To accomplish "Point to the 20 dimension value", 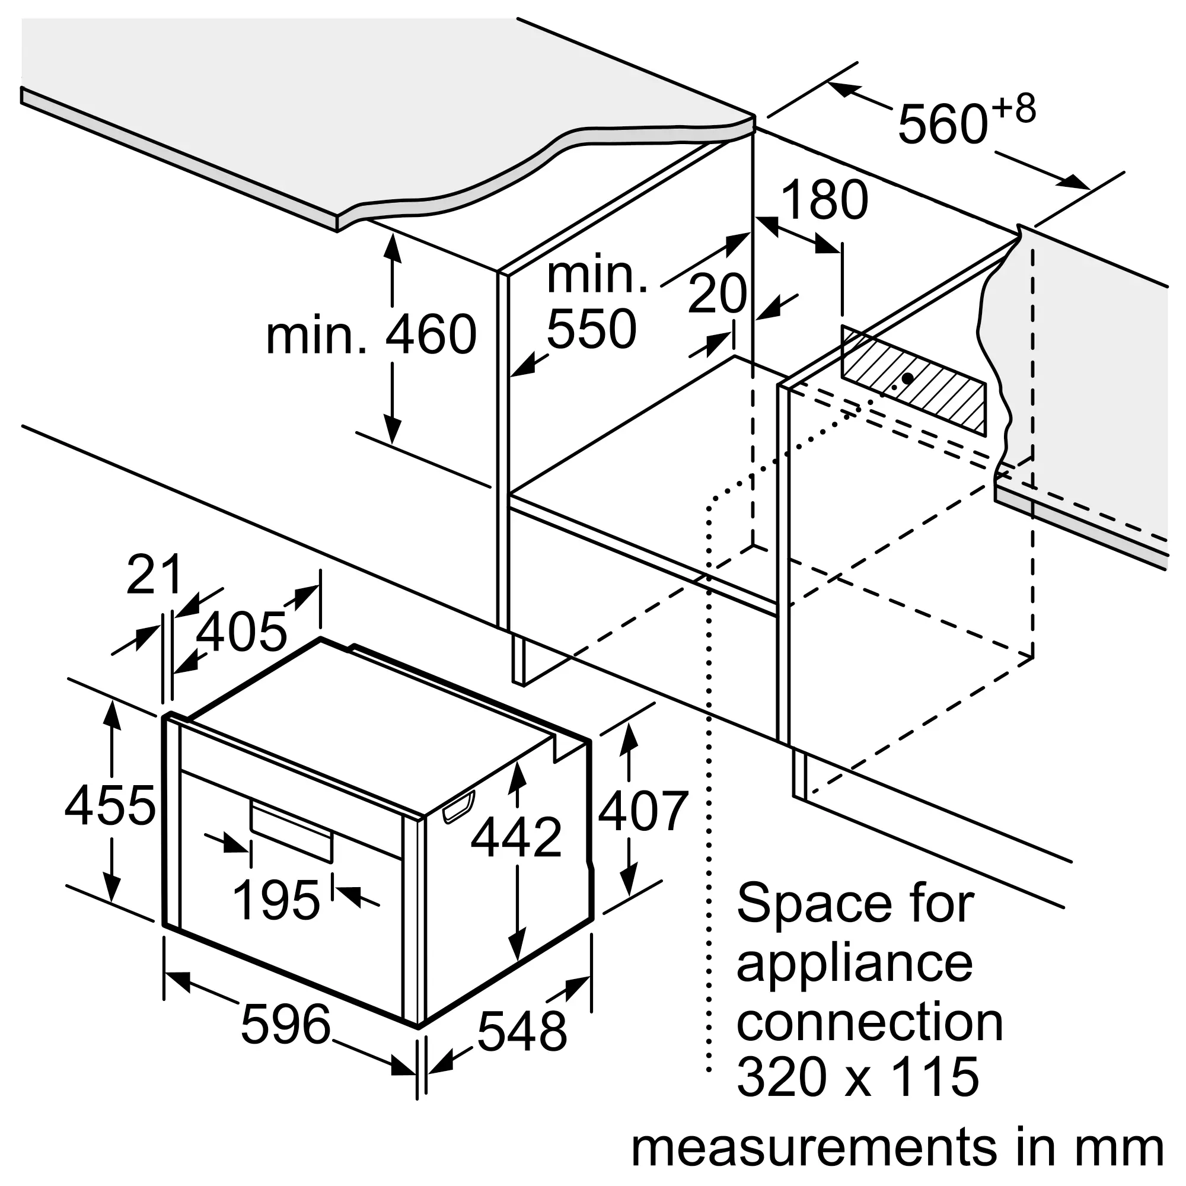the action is pyautogui.click(x=716, y=295).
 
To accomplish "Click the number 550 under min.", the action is pyautogui.click(x=591, y=330).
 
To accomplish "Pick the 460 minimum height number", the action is pyautogui.click(x=431, y=334).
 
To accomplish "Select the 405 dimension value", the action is pyautogui.click(x=241, y=632).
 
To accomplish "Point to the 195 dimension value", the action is pyautogui.click(x=276, y=900).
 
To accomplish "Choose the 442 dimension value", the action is pyautogui.click(x=516, y=837).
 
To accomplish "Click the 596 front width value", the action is pyautogui.click(x=285, y=1025).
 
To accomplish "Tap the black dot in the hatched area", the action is pyautogui.click(x=907, y=378).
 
